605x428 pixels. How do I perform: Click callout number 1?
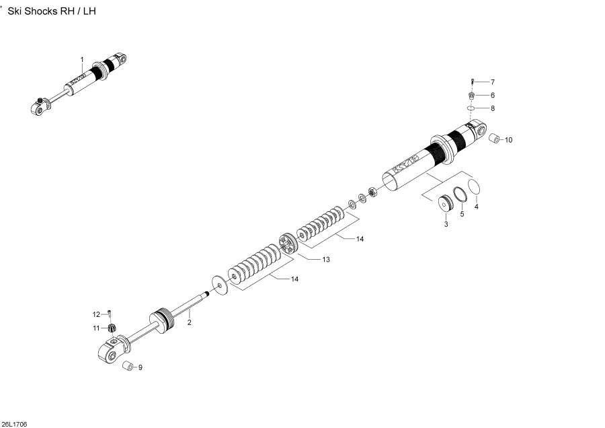point(82,60)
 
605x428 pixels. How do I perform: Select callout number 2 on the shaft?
point(190,323)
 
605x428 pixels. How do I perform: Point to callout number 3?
point(445,224)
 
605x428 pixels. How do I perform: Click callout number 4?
point(477,207)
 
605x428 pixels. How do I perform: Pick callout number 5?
point(462,215)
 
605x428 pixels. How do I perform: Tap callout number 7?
point(492,82)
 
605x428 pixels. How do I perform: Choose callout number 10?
point(508,140)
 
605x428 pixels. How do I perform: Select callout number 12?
point(96,314)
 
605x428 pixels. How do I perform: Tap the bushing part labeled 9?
point(126,367)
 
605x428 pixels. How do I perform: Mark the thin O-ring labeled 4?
point(475,186)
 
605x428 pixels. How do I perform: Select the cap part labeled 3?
point(444,203)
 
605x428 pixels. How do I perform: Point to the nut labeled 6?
point(473,96)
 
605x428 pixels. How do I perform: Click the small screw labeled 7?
point(473,82)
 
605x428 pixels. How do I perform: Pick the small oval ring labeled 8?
point(473,108)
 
